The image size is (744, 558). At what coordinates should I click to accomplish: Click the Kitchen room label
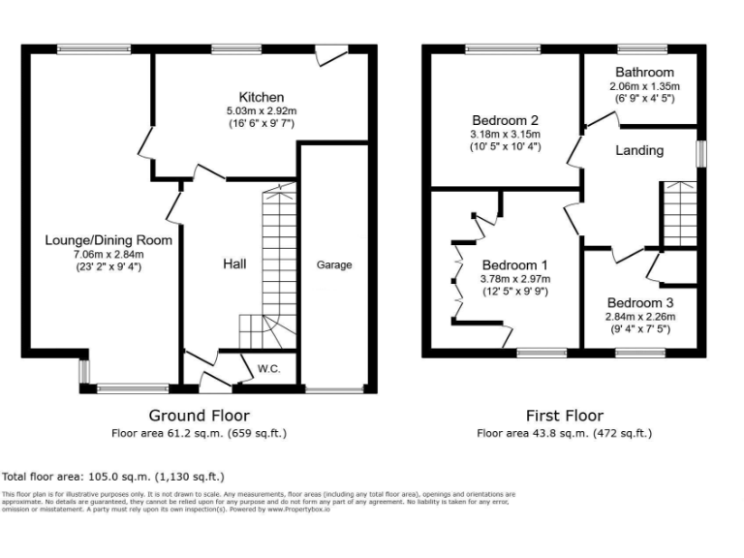click(x=262, y=97)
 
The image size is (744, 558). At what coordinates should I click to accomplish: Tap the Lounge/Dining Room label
click(x=108, y=240)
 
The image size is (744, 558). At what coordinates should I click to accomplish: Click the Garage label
click(x=335, y=264)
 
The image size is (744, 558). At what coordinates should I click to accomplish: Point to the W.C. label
click(x=268, y=368)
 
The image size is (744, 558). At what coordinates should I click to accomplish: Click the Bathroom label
click(x=641, y=73)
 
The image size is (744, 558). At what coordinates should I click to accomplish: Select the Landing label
click(x=639, y=150)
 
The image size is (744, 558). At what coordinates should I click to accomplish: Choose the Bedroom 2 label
click(x=504, y=120)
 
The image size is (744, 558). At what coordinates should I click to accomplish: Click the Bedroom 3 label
click(x=640, y=301)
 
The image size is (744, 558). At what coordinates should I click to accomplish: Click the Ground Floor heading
click(x=200, y=416)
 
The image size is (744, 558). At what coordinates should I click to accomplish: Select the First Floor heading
click(x=564, y=416)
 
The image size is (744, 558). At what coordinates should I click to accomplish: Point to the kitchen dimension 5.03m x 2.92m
click(x=262, y=110)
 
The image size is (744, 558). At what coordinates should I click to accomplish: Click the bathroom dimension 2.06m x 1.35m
click(x=641, y=86)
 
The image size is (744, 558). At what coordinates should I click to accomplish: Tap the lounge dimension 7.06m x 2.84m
click(x=108, y=254)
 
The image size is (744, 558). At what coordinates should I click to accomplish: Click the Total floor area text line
click(x=113, y=477)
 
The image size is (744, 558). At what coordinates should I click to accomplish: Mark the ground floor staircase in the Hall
click(x=277, y=262)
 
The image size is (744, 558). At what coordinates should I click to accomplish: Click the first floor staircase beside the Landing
click(x=678, y=213)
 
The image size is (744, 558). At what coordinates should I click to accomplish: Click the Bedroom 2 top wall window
click(x=503, y=48)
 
